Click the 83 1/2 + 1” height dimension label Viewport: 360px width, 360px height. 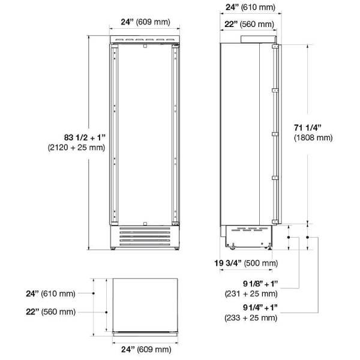click(x=85, y=137)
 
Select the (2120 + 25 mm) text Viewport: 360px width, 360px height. click(x=76, y=148)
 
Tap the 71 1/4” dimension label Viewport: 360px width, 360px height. click(x=307, y=128)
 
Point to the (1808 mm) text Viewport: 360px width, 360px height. click(x=313, y=137)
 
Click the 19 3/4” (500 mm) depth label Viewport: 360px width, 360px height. click(x=246, y=263)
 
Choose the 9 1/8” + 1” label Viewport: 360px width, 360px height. click(x=260, y=284)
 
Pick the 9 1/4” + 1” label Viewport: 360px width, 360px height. click(x=260, y=307)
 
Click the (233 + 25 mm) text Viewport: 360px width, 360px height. click(x=251, y=317)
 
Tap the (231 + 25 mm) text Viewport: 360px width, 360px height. click(x=251, y=293)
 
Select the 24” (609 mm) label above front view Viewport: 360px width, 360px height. click(x=146, y=22)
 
